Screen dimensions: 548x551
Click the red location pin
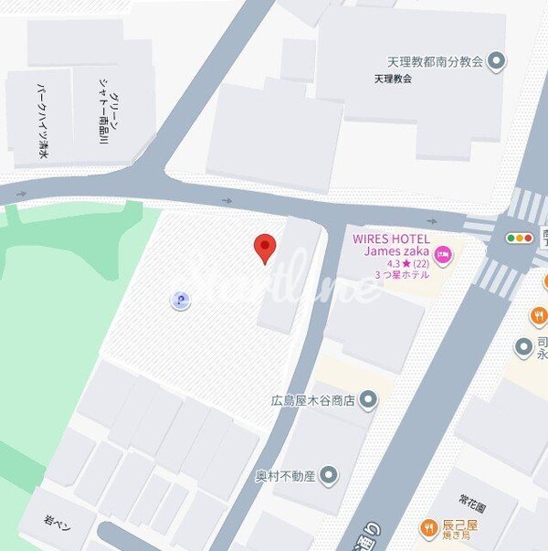point(265,246)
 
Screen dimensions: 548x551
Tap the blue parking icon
point(181,300)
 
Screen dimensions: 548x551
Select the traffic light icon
point(519,238)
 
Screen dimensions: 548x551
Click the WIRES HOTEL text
point(391,238)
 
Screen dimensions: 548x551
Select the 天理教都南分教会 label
point(436,62)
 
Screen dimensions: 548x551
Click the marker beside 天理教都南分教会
point(497,62)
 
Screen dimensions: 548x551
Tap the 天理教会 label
point(393,79)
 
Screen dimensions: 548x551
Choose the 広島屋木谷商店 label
point(311,399)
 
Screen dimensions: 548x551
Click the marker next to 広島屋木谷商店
point(368,399)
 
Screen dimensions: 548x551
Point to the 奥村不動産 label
point(286,475)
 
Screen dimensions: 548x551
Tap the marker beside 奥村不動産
point(329,475)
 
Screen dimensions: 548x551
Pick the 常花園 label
point(474,503)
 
